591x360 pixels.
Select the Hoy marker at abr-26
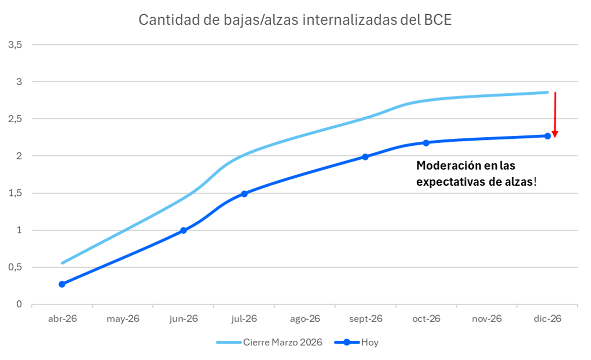click(62, 284)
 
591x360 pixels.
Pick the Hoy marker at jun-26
click(183, 230)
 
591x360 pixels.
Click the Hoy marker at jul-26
click(244, 194)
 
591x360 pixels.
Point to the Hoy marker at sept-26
click(365, 157)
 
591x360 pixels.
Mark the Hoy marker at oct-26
click(426, 143)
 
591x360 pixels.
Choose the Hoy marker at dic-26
click(547, 136)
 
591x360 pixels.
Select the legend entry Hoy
click(369, 342)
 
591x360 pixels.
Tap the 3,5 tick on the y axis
click(15, 44)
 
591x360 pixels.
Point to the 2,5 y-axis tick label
click(15, 119)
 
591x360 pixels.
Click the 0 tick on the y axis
click(20, 304)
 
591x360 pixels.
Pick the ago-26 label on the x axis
click(305, 319)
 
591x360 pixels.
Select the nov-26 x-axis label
click(486, 319)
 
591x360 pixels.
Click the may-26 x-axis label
click(123, 319)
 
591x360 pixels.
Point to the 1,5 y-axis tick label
click(15, 193)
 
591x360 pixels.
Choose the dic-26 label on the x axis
click(547, 319)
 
